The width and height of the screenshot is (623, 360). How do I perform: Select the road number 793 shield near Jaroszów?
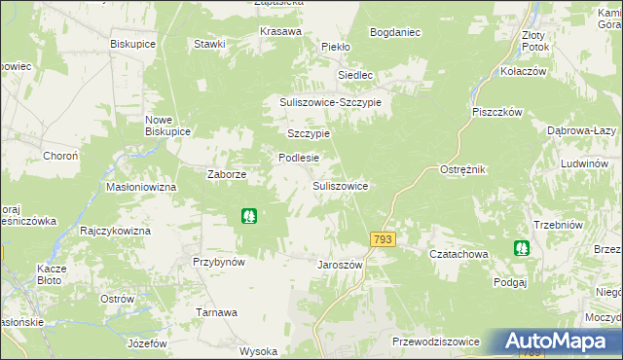click(382, 239)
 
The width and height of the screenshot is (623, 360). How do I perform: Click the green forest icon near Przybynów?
click(249, 216)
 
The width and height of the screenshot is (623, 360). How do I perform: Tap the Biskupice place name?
click(133, 45)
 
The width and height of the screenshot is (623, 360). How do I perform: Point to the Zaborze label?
click(227, 174)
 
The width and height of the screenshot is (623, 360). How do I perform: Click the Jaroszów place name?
click(340, 265)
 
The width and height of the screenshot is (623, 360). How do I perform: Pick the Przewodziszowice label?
click(435, 341)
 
